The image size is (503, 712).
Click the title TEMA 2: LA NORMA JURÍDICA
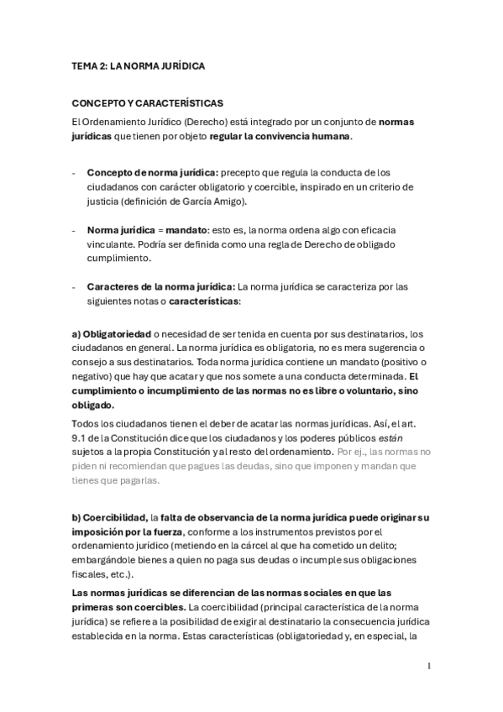(139, 65)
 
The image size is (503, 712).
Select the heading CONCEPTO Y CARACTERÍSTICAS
(148, 104)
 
